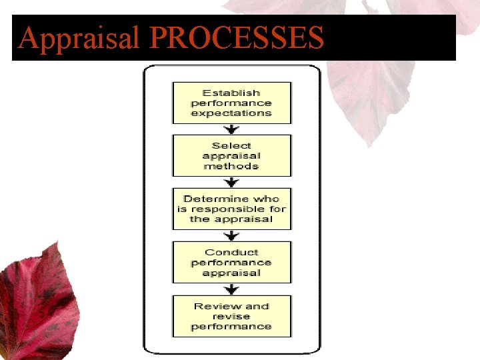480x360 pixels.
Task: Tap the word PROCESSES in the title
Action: pos(232,38)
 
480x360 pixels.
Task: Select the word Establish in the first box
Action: pos(231,93)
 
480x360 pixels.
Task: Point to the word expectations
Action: pos(231,113)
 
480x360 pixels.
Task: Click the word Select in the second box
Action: pos(231,145)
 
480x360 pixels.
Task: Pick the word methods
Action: pos(231,166)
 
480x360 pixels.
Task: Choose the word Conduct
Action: pos(231,252)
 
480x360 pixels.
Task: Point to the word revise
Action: pos(231,316)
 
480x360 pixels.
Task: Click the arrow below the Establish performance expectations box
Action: pos(231,129)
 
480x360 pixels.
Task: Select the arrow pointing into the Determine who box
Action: pos(231,182)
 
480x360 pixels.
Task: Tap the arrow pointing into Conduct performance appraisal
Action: pos(231,235)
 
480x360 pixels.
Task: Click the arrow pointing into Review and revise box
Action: pos(231,289)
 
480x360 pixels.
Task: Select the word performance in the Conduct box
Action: pos(231,263)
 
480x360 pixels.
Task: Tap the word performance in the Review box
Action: pos(231,327)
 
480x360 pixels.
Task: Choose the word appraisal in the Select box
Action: pos(231,156)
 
